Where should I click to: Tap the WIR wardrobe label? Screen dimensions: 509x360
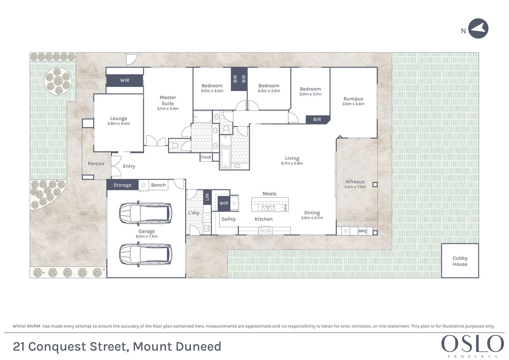[124, 80]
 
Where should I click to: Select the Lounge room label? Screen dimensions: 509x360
[119, 118]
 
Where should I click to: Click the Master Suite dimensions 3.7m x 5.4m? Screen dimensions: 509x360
[168, 109]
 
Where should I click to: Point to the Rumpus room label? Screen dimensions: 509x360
[353, 99]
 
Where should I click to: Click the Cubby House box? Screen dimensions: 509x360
[460, 261]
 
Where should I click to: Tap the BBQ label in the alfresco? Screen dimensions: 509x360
[362, 231]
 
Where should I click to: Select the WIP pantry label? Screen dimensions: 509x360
[224, 203]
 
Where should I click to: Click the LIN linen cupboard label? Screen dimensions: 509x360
[207, 197]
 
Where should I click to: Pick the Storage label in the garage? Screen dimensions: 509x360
[122, 185]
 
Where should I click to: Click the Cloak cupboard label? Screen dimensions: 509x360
[206, 157]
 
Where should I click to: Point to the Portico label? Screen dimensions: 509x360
[96, 164]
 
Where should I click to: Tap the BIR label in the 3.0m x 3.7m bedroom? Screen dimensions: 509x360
[317, 120]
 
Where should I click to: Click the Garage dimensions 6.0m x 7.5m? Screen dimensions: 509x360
[147, 236]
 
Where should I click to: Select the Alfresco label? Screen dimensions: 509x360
[355, 182]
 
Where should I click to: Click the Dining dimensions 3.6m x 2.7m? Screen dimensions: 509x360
[312, 218]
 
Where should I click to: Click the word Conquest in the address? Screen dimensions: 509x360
[57, 347]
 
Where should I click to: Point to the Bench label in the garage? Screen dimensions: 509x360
[158, 185]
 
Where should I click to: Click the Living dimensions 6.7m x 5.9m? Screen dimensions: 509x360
[292, 163]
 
